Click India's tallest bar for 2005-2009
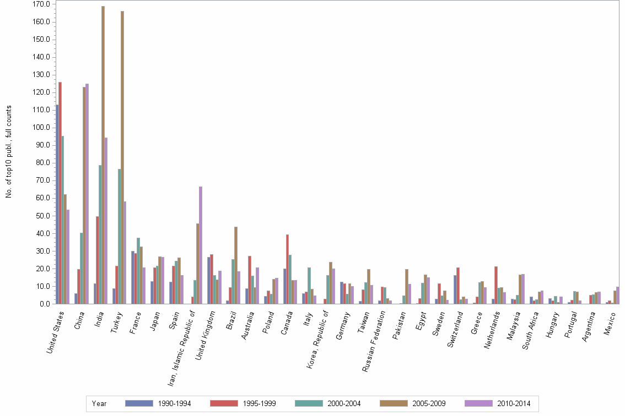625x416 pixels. point(103,155)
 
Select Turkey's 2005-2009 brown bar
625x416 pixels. point(122,157)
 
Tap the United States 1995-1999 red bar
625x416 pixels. point(60,193)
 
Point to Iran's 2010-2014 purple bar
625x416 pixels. point(201,245)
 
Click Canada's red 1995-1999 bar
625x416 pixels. point(287,269)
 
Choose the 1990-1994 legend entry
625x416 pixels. point(158,403)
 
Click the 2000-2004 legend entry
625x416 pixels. point(328,403)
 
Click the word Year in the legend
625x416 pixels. point(99,403)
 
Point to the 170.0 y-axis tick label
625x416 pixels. point(42,4)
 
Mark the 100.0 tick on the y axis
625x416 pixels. point(42,128)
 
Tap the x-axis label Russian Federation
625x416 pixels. point(375,336)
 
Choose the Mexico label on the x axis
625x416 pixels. point(612,325)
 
